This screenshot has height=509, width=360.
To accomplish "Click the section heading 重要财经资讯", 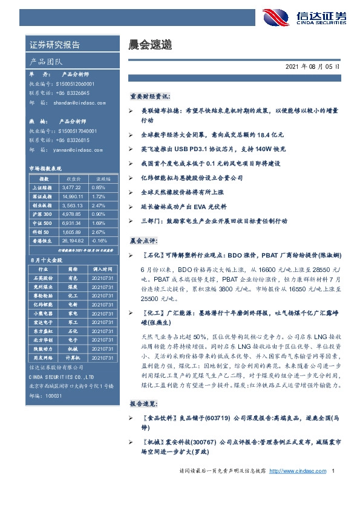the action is pos(149,96).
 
